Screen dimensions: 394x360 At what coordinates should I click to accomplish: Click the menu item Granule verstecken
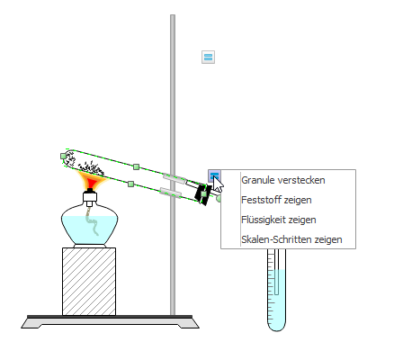click(x=283, y=180)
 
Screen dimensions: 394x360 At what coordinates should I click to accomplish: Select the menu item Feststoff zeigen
click(x=276, y=200)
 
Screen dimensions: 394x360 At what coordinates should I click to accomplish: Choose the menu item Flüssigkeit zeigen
click(x=279, y=220)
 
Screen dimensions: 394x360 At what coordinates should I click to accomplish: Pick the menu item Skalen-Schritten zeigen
click(x=291, y=239)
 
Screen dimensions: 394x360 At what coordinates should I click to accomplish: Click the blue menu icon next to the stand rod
click(x=208, y=57)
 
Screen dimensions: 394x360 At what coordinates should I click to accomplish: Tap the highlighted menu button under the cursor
click(x=214, y=175)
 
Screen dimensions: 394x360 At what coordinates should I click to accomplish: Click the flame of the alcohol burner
click(x=91, y=181)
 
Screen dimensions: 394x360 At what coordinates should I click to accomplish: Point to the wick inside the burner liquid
click(x=93, y=221)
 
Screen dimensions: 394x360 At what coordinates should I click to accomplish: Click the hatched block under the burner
click(x=89, y=282)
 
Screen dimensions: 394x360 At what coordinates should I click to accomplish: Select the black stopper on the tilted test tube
click(x=201, y=194)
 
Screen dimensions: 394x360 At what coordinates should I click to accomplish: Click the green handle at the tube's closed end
click(x=63, y=156)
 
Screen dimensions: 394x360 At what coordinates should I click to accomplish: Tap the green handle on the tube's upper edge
click(x=136, y=166)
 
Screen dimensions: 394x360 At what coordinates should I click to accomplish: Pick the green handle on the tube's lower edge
click(x=130, y=184)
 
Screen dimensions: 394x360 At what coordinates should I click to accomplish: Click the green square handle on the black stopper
click(x=204, y=194)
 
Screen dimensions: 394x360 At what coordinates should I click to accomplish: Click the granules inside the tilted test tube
click(x=85, y=164)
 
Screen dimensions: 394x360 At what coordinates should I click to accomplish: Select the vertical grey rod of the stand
click(x=173, y=165)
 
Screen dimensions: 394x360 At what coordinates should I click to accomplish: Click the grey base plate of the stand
click(x=110, y=323)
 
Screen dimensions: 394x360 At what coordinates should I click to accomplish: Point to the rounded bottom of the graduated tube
click(x=276, y=326)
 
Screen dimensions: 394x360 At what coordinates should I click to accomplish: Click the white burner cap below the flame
click(x=90, y=197)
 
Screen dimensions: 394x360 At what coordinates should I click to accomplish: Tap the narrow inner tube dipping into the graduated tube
click(x=276, y=272)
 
